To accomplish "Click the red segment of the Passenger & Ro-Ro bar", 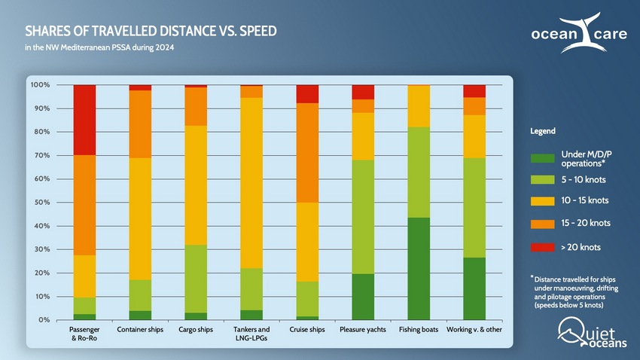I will (84, 120).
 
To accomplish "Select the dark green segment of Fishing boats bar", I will (419, 268).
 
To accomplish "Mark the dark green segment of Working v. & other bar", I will (474, 288).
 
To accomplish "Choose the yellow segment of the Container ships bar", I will (140, 218).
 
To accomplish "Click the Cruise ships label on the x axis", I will (307, 330).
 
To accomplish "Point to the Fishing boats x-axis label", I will (419, 330).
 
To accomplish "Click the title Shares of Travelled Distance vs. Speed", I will (151, 32).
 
